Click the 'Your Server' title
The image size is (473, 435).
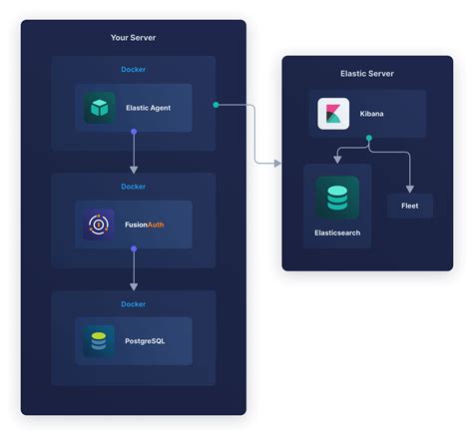pos(133,38)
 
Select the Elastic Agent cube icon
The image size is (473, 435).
pos(100,108)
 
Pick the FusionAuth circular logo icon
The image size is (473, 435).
pos(100,224)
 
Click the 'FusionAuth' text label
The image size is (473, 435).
pos(144,225)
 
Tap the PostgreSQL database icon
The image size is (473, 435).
pos(100,342)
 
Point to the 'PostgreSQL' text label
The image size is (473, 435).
pos(146,342)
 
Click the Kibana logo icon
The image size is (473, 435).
pos(332,114)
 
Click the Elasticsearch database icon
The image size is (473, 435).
pos(337,197)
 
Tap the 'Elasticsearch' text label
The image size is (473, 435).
pos(337,232)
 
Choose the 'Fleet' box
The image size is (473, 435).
pos(409,206)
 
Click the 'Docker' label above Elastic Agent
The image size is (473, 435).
pos(133,69)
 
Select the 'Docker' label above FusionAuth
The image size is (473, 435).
pos(133,187)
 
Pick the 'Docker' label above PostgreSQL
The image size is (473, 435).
pos(133,303)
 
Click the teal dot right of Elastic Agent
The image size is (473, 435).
pos(217,104)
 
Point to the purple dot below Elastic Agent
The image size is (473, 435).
pos(134,131)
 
